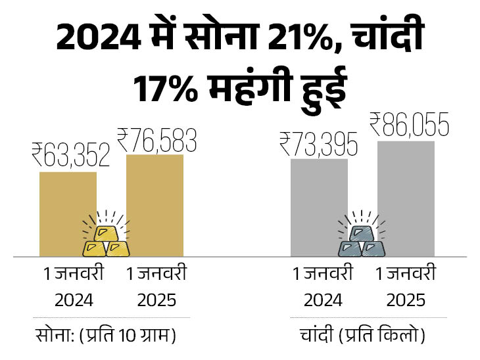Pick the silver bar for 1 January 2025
[x=406, y=197]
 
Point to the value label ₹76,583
[x=156, y=139]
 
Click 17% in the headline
[x=165, y=89]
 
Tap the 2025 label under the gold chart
[x=156, y=300]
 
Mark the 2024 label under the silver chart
[x=322, y=300]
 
